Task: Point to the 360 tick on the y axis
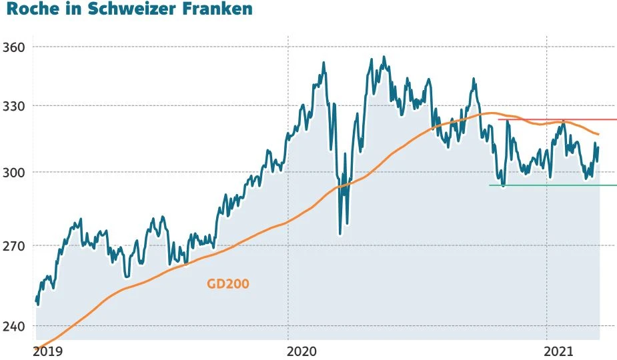(13, 47)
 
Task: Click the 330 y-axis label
(13, 106)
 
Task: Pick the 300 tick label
(13, 173)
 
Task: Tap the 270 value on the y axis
(13, 246)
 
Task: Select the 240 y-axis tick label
(13, 326)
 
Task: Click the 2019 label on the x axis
(47, 350)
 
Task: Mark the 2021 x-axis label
(559, 350)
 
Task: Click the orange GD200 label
(228, 283)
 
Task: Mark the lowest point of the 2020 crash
(340, 233)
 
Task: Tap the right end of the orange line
(598, 135)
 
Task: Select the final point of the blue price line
(598, 148)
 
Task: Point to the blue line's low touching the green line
(503, 185)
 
